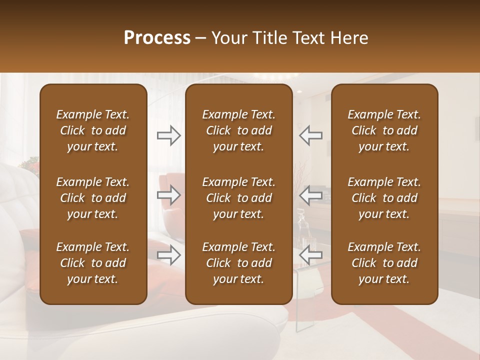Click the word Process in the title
157,38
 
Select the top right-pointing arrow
168,135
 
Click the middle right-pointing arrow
168,195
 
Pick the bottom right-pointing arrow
168,255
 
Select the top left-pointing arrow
311,135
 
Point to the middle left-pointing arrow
311,195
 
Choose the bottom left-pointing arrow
311,255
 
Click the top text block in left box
93,130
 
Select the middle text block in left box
93,198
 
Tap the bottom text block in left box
93,263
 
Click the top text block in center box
238,130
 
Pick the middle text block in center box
238,198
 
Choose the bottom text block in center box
238,263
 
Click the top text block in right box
384,130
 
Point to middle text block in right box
384,198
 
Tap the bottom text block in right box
384,263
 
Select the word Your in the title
227,38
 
